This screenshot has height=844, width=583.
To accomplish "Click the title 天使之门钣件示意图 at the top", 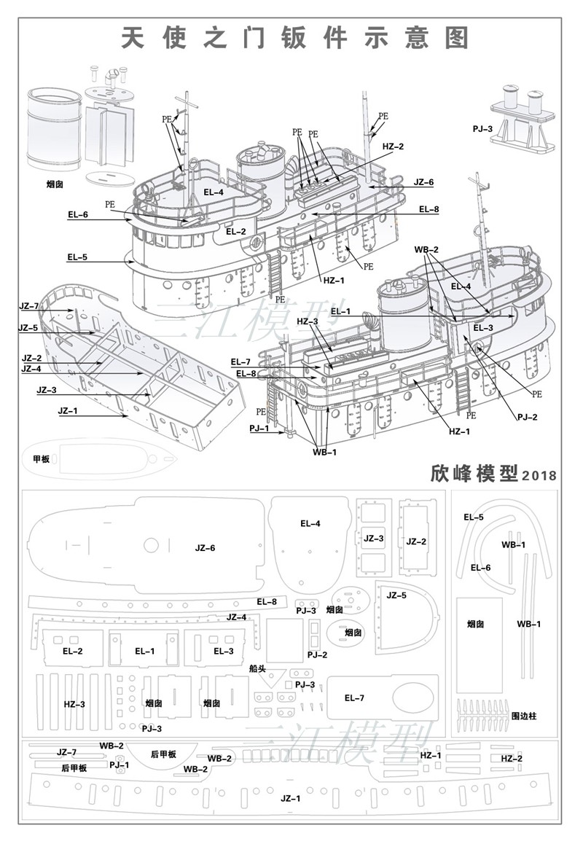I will pyautogui.click(x=294, y=37).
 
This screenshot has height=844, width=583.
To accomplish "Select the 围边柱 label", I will pyautogui.click(x=523, y=716).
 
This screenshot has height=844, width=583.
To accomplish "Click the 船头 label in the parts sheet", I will pyautogui.click(x=257, y=668).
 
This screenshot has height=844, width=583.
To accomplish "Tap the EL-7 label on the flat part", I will pyautogui.click(x=354, y=698).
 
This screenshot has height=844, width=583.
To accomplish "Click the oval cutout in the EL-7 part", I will pyautogui.click(x=415, y=698).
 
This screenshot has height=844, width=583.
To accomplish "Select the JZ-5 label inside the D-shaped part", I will pyautogui.click(x=396, y=595).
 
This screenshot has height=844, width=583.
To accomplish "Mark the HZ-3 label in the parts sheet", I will pyautogui.click(x=74, y=703).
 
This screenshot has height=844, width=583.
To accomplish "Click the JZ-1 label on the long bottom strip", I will pyautogui.click(x=291, y=798).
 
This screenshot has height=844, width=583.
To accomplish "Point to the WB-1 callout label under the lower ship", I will pyautogui.click(x=325, y=453).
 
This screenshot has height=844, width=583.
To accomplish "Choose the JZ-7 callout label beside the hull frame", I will pyautogui.click(x=29, y=305).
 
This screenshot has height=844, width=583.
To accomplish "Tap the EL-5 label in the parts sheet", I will pyautogui.click(x=474, y=517).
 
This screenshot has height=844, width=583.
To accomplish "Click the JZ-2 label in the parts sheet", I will pyautogui.click(x=416, y=542).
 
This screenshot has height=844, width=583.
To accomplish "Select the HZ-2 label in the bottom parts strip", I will pyautogui.click(x=512, y=759).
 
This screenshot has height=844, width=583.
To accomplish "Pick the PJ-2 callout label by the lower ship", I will pyautogui.click(x=527, y=417).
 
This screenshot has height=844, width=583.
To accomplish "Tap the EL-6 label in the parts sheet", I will pyautogui.click(x=480, y=567).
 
